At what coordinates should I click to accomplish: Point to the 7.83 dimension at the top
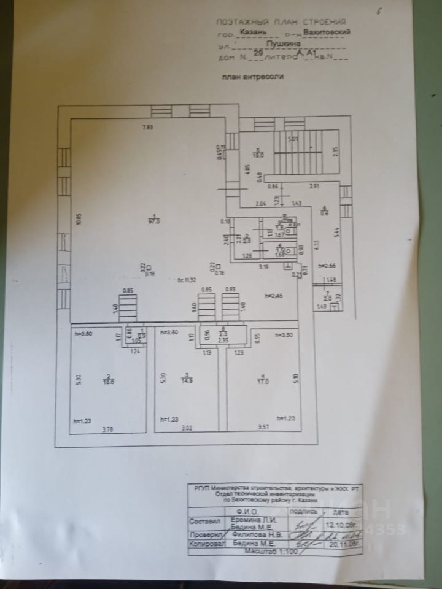(x=147, y=127)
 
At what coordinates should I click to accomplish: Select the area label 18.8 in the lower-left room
(x=108, y=380)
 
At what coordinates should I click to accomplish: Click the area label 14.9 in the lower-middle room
(x=188, y=380)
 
